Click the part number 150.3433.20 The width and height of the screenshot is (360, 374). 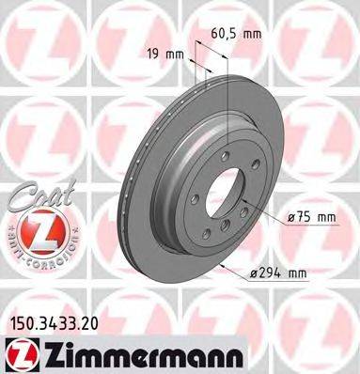pos(55,322)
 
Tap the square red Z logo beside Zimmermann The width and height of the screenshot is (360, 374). pos(18,352)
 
